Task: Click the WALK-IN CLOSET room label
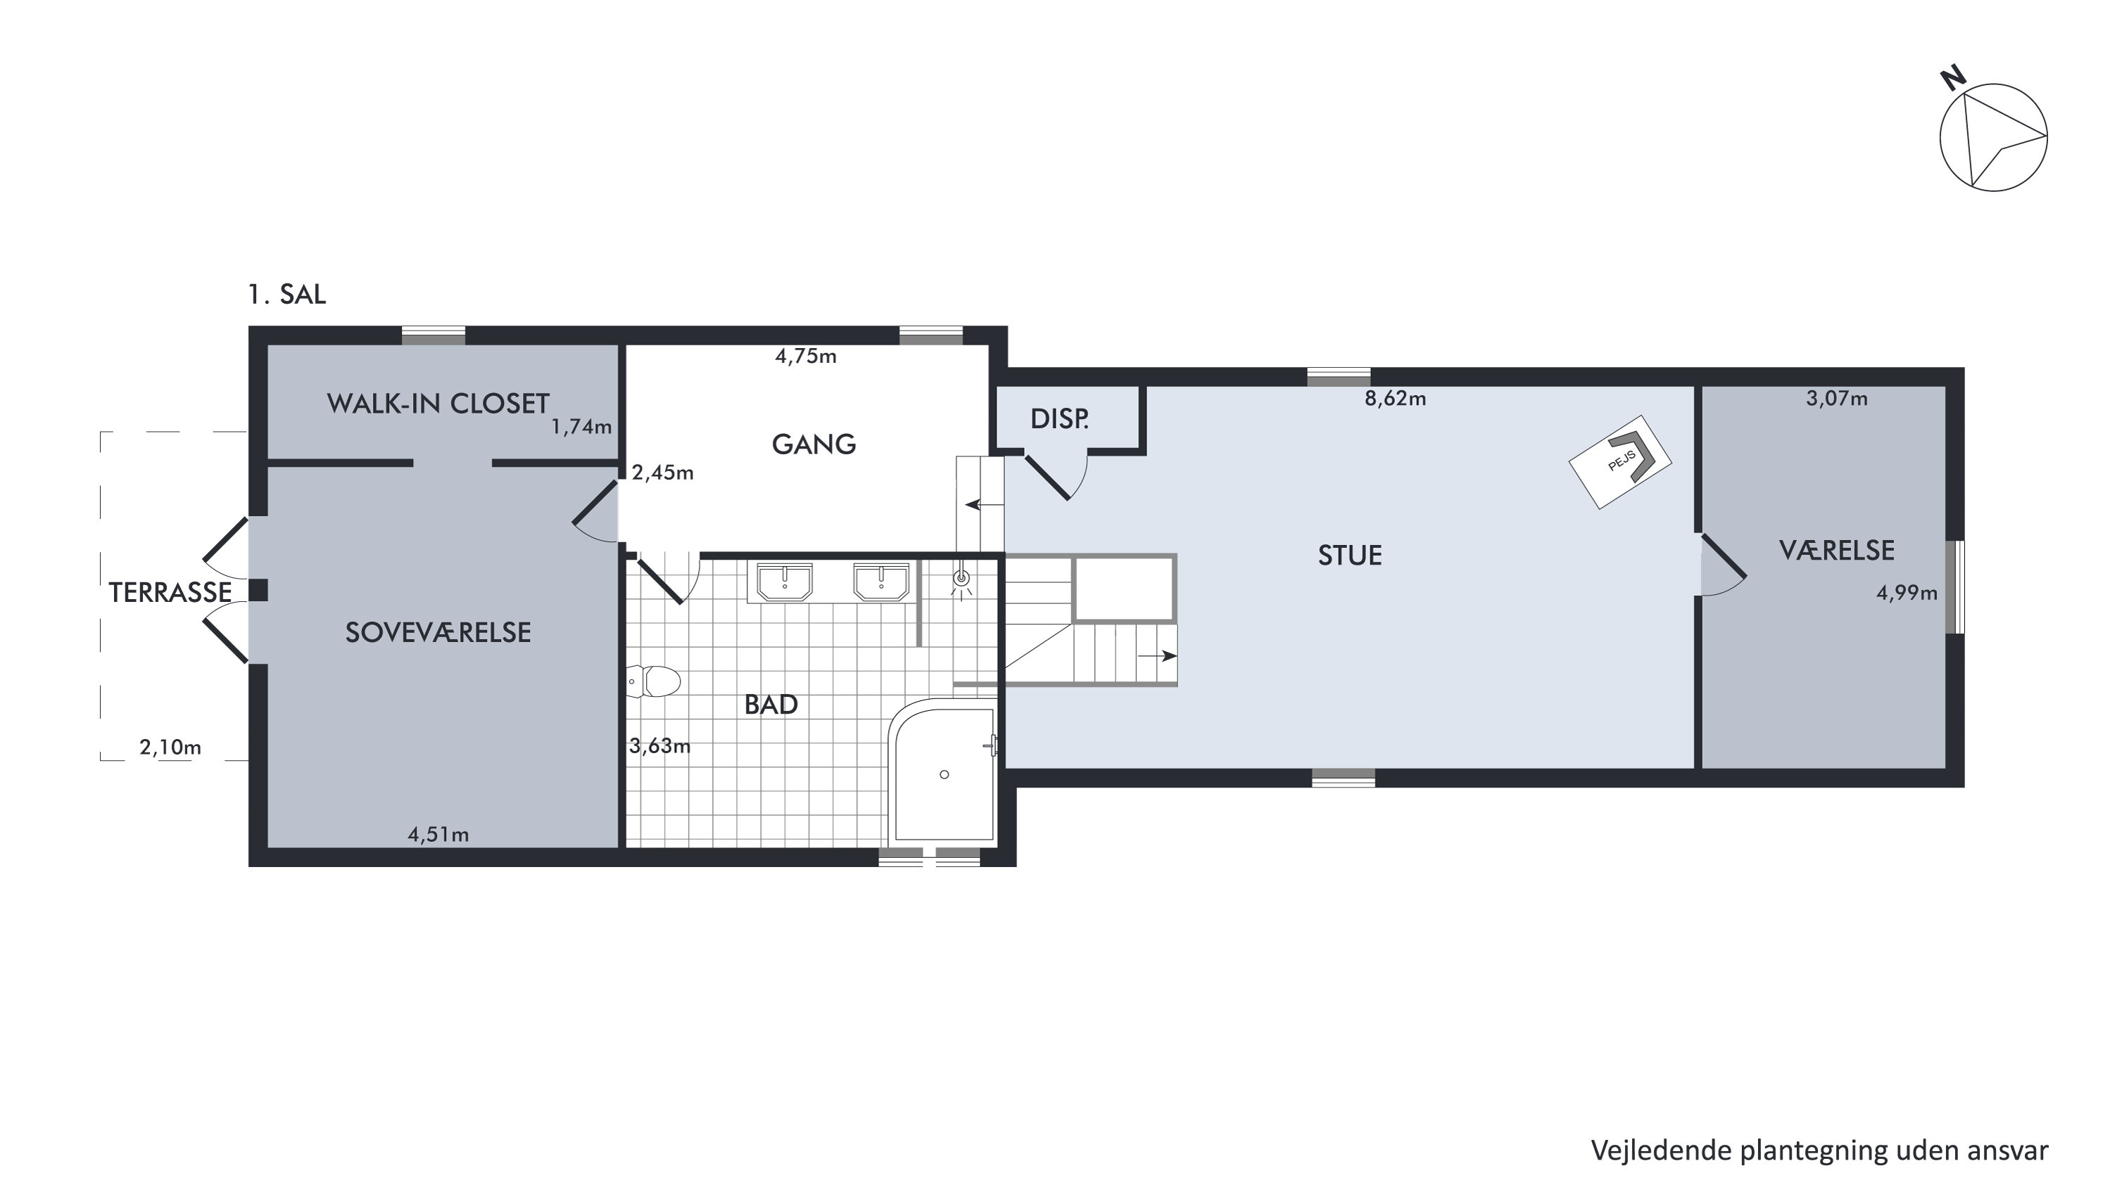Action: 438,404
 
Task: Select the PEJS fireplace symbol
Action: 1620,462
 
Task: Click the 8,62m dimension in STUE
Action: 1395,399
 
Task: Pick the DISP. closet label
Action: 1059,419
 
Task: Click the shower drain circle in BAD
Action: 945,774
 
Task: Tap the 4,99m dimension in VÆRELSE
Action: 1907,593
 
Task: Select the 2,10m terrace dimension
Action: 170,748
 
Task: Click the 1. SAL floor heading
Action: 286,294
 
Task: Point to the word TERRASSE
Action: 170,593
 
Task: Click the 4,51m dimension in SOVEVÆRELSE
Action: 438,835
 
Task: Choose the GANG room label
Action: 814,444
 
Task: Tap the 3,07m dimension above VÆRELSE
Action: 1836,399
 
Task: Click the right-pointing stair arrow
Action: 1157,655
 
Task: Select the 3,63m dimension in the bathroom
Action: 659,747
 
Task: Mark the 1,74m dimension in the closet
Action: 581,428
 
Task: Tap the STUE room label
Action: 1350,556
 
